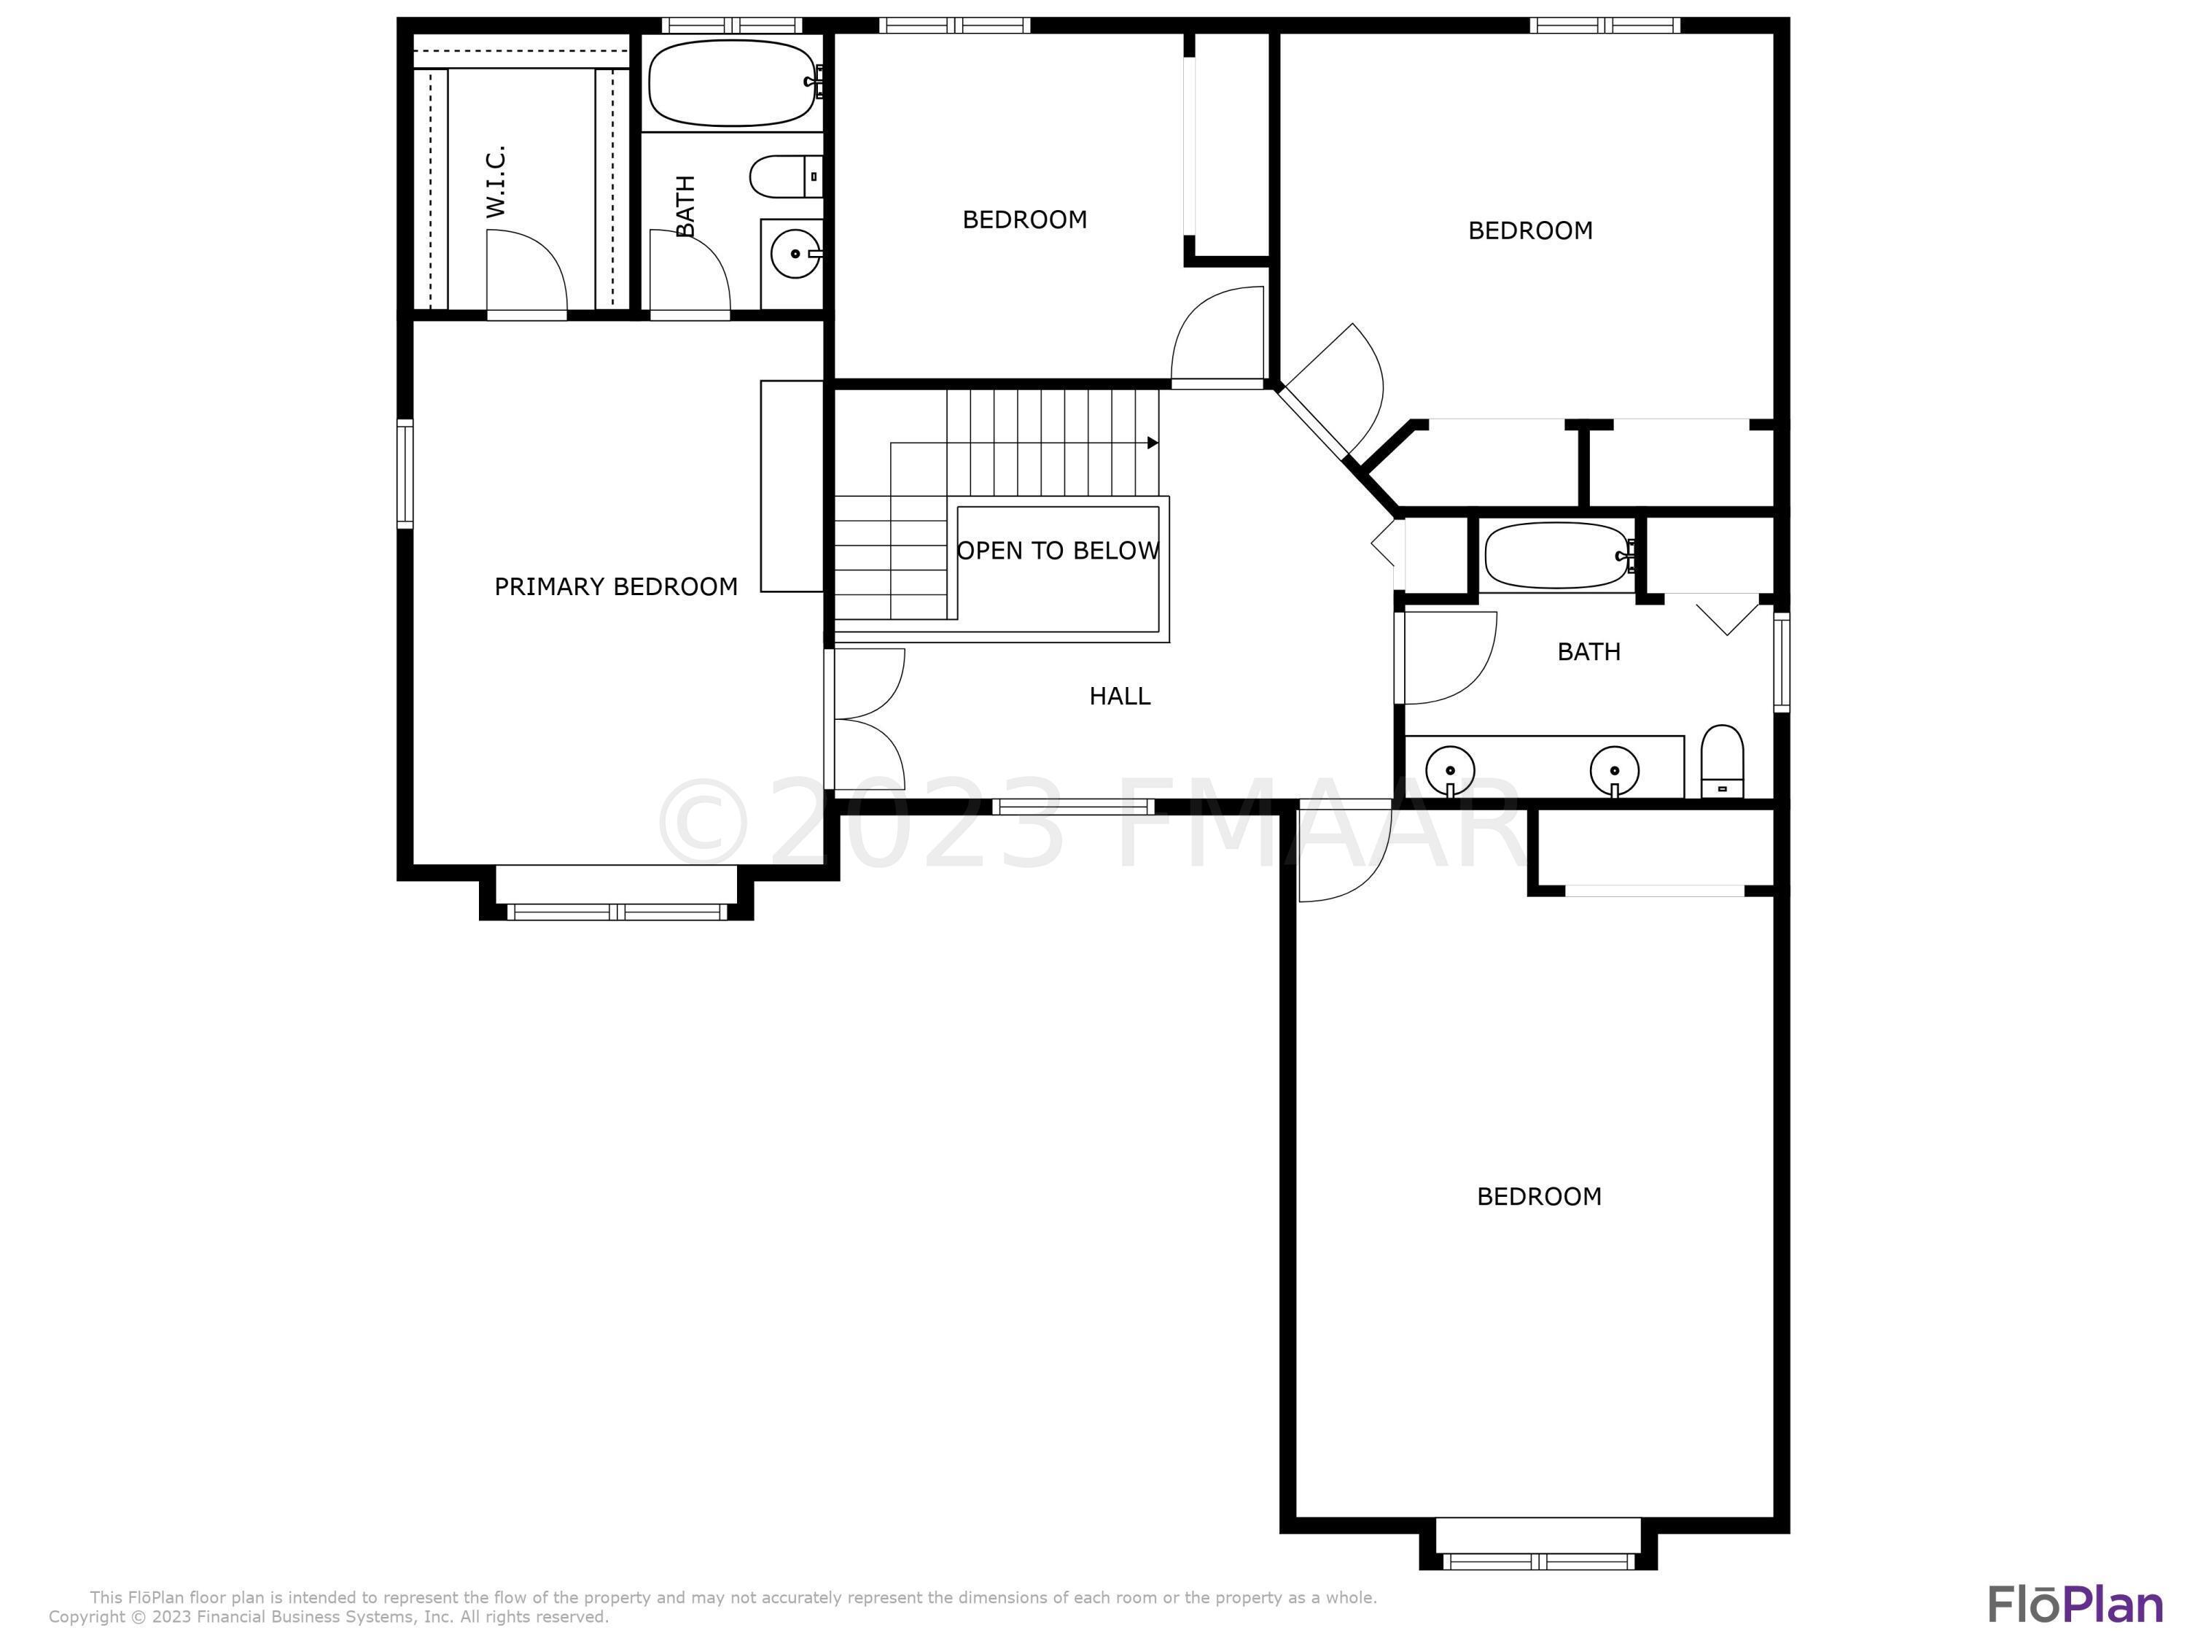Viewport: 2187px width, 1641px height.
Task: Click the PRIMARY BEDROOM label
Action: [616, 586]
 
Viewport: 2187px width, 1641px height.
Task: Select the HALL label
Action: [1120, 697]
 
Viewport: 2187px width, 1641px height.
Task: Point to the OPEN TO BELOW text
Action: [1058, 551]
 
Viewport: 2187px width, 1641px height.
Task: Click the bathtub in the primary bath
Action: [732, 83]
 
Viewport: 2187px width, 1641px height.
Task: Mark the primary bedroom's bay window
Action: [617, 911]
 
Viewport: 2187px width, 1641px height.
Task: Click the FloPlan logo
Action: [2076, 1605]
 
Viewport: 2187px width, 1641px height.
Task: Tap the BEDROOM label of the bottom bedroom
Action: [1540, 1197]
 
